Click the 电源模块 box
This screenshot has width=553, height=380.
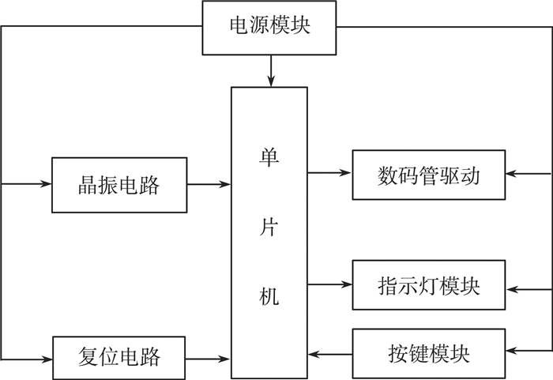(269, 26)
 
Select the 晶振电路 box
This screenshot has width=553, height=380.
(119, 185)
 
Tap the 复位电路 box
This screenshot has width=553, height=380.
(119, 356)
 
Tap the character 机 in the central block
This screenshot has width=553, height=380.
(269, 298)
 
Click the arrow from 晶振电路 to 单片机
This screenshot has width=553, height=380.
(209, 185)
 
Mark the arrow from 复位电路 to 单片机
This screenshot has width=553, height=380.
(209, 359)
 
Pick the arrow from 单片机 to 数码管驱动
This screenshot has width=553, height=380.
(329, 172)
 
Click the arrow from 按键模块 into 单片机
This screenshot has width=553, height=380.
(329, 352)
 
